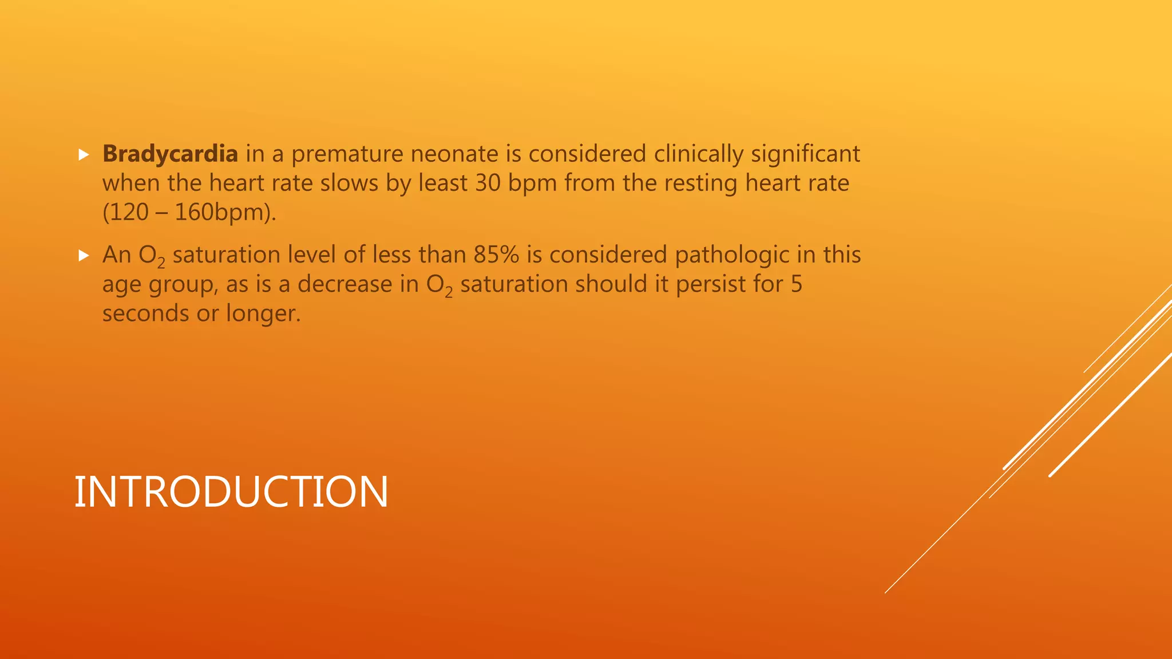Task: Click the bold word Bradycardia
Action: click(x=170, y=154)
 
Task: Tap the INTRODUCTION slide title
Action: click(x=231, y=492)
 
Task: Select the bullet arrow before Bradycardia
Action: click(x=84, y=154)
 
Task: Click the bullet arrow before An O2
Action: click(x=84, y=256)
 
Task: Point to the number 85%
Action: click(x=496, y=255)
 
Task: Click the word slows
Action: click(x=349, y=183)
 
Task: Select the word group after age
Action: click(x=183, y=285)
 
